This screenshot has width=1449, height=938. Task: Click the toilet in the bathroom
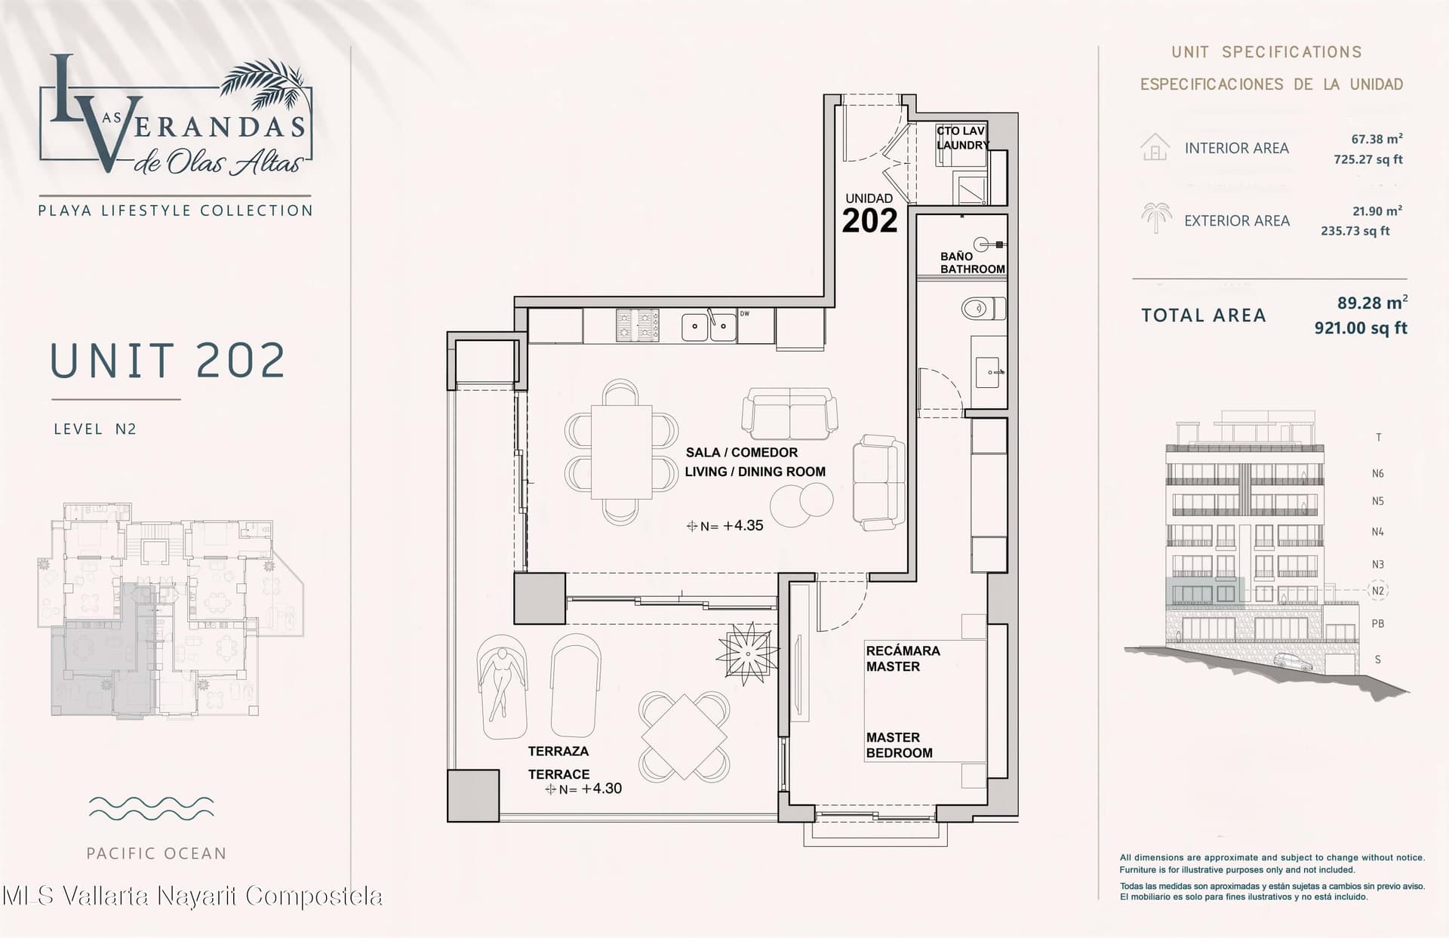tap(983, 309)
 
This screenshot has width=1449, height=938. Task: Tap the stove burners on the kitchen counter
tap(638, 325)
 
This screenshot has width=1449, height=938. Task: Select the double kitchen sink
tap(709, 326)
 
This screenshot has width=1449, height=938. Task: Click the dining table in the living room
tap(621, 452)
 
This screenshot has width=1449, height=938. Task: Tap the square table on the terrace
tap(684, 737)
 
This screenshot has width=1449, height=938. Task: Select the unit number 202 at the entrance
tap(869, 220)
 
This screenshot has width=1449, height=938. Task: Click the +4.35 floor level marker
tap(725, 526)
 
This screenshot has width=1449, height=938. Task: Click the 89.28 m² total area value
tap(1372, 303)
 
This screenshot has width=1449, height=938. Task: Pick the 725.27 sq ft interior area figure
tap(1368, 159)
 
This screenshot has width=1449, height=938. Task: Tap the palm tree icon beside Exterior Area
tap(1156, 217)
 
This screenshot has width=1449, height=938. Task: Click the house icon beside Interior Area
tap(1155, 147)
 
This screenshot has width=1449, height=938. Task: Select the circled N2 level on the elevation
tap(1378, 591)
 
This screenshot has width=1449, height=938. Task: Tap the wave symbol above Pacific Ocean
tap(151, 807)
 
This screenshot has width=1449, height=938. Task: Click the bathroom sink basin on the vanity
tap(989, 372)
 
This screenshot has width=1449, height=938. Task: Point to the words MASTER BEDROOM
tap(899, 745)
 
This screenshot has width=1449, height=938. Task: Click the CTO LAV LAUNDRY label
tap(963, 137)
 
